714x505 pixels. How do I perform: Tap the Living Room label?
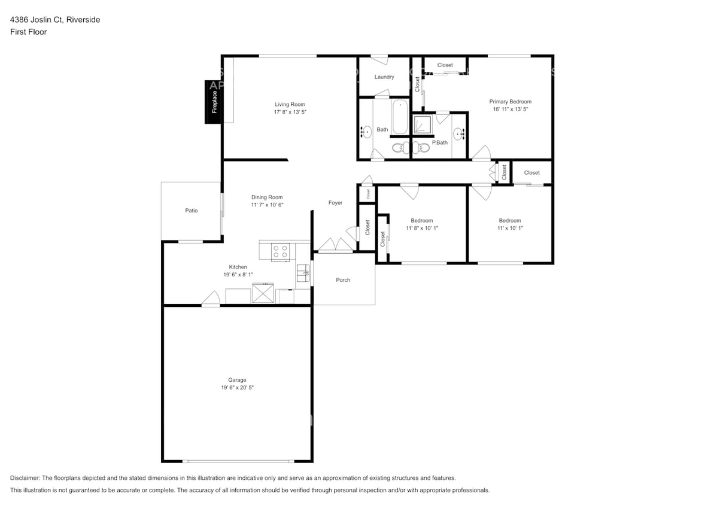[290, 104]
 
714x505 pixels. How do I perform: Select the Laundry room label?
[384, 77]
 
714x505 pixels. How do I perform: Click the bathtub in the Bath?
[400, 117]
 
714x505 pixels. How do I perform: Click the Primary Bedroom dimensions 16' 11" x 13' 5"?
[510, 109]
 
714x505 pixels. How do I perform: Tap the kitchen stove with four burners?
[280, 252]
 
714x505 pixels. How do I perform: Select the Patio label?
[191, 211]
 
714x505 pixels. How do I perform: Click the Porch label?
[343, 280]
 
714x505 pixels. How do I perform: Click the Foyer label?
[335, 203]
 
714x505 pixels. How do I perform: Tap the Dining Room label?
[267, 197]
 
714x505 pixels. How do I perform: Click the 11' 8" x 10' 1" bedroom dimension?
[422, 228]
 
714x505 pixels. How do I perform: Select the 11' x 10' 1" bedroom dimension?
[510, 228]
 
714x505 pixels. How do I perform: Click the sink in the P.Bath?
[458, 134]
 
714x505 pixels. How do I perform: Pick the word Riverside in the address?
[83, 20]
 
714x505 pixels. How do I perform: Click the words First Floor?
[28, 32]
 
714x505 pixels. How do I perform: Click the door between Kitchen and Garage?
[210, 300]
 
